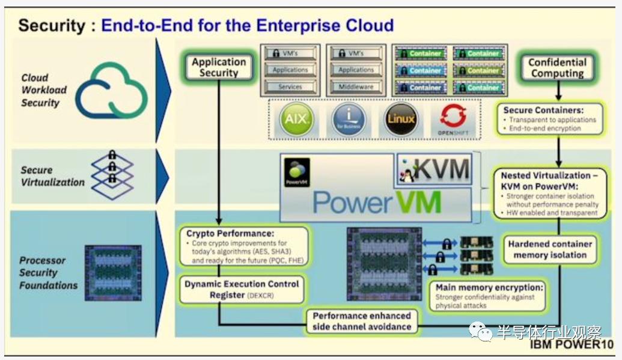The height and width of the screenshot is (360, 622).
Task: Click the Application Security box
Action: point(219,67)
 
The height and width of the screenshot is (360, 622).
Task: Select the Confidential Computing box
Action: point(557,68)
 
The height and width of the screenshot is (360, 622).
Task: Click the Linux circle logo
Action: point(401,119)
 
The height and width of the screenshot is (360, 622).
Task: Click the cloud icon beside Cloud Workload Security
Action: point(111,90)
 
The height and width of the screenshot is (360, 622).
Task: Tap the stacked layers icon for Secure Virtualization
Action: point(112,174)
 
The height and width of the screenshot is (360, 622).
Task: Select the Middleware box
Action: point(356,87)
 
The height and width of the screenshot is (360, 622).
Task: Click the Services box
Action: point(290,87)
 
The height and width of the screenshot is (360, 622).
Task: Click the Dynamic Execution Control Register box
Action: point(242,288)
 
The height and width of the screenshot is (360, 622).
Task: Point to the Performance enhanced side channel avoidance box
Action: point(362,321)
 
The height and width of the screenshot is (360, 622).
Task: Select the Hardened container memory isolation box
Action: point(550,249)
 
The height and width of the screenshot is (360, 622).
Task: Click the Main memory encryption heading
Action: point(489,287)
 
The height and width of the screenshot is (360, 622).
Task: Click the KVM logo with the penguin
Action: point(432,169)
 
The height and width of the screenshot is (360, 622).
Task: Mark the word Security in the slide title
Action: point(53,25)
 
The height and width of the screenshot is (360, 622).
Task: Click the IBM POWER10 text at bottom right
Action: point(572,346)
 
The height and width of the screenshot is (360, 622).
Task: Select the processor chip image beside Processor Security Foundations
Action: point(113,272)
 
